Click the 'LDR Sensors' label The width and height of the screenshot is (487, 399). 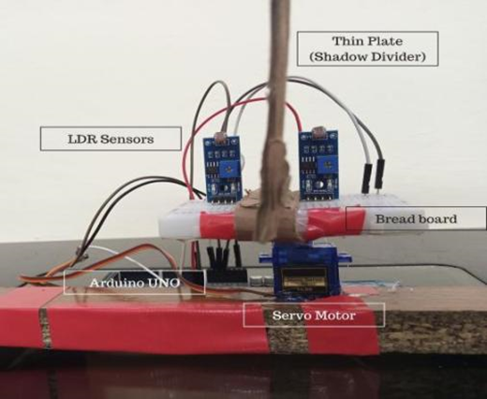click(111, 139)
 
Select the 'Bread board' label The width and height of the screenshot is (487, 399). click(416, 218)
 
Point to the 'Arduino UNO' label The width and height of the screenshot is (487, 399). click(134, 283)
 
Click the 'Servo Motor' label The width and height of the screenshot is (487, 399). click(314, 315)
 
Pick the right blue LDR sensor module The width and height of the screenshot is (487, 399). click(319, 165)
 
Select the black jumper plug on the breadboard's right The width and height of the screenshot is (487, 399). click(380, 174)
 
